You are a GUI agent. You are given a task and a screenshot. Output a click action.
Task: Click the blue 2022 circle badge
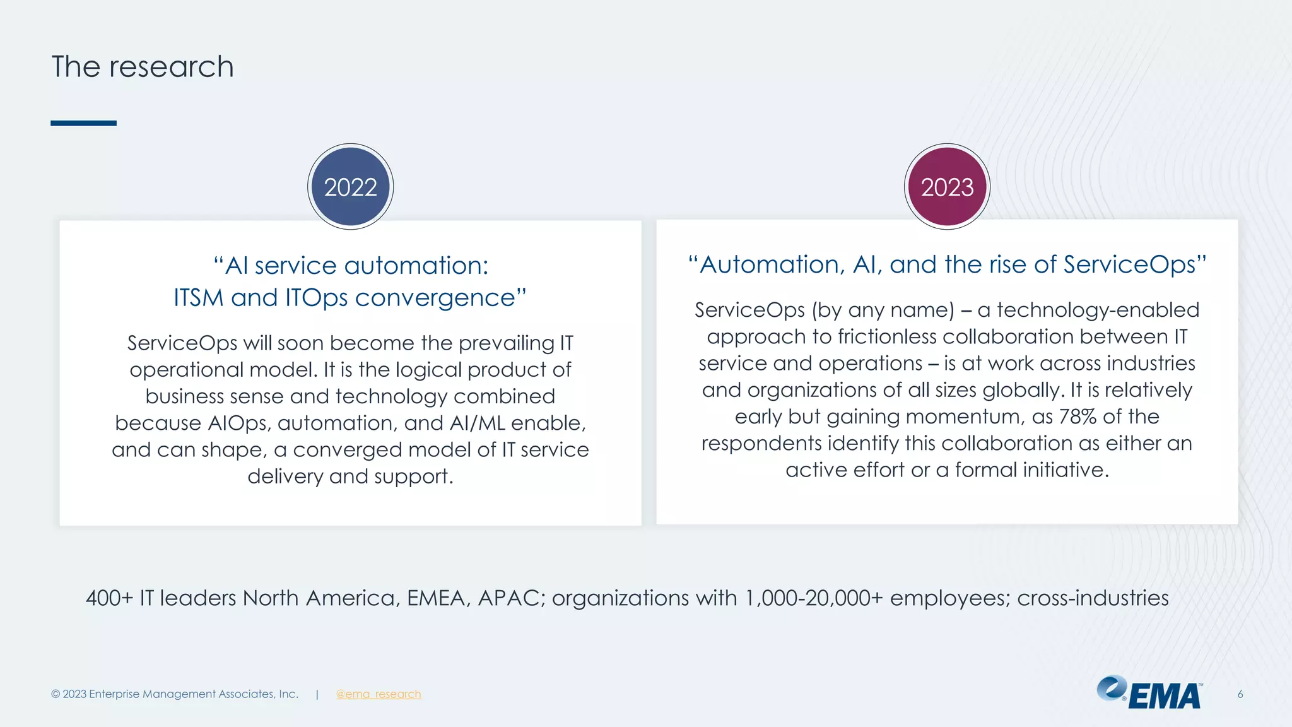click(x=350, y=187)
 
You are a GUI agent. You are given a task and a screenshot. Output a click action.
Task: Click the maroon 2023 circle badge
click(x=947, y=187)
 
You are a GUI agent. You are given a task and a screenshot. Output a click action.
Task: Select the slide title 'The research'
click(x=143, y=67)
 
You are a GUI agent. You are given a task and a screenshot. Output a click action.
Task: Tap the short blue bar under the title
click(x=83, y=123)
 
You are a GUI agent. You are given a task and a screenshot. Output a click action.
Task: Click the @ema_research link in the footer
click(x=378, y=694)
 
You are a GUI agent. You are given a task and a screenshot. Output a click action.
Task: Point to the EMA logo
click(x=1149, y=693)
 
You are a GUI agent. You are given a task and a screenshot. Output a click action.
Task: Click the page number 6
click(x=1240, y=694)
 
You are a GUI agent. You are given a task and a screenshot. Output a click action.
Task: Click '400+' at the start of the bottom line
click(x=109, y=598)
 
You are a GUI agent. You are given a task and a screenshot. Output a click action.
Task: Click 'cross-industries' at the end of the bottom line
click(x=1093, y=598)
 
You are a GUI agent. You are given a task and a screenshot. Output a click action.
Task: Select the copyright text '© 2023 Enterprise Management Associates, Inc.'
click(x=175, y=694)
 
